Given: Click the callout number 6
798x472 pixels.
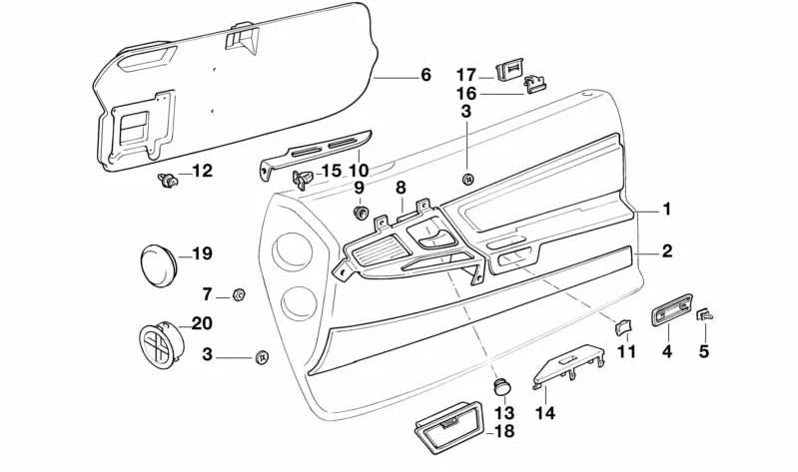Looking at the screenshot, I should pyautogui.click(x=425, y=75).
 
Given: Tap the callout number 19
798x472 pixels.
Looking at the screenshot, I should pyautogui.click(x=202, y=254).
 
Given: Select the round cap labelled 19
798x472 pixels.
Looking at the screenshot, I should pyautogui.click(x=156, y=264).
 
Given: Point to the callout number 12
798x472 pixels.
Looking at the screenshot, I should pyautogui.click(x=202, y=172).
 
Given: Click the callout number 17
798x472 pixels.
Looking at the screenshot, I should pyautogui.click(x=466, y=75).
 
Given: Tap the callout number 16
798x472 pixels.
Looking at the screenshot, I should pyautogui.click(x=466, y=93).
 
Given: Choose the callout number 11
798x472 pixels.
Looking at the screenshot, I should pyautogui.click(x=626, y=351).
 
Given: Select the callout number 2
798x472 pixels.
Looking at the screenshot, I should pyautogui.click(x=667, y=251).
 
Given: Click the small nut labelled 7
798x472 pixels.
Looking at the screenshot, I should pyautogui.click(x=239, y=293).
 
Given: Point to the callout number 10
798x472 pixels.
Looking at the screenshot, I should pyautogui.click(x=359, y=170).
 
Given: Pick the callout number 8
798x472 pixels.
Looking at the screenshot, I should pyautogui.click(x=400, y=188).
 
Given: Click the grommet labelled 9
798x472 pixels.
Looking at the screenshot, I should pyautogui.click(x=361, y=213).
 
